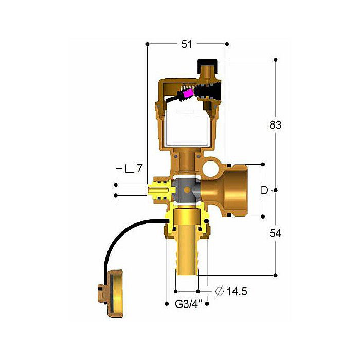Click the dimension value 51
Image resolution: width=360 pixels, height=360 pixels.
pyautogui.click(x=187, y=44)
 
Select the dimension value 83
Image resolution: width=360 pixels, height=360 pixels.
pyautogui.click(x=276, y=124)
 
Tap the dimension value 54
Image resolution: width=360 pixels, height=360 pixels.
pyautogui.click(x=276, y=233)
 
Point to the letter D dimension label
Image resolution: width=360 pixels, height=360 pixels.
pyautogui.click(x=264, y=190)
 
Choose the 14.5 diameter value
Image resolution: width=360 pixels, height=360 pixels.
pyautogui.click(x=237, y=292)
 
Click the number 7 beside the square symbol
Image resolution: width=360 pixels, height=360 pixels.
pyautogui.click(x=139, y=169)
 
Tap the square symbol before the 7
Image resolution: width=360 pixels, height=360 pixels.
pyautogui.click(x=130, y=168)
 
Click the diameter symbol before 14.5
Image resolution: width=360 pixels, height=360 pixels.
pyautogui.click(x=219, y=292)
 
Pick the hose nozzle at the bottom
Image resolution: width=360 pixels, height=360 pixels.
pyautogui.click(x=186, y=257)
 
